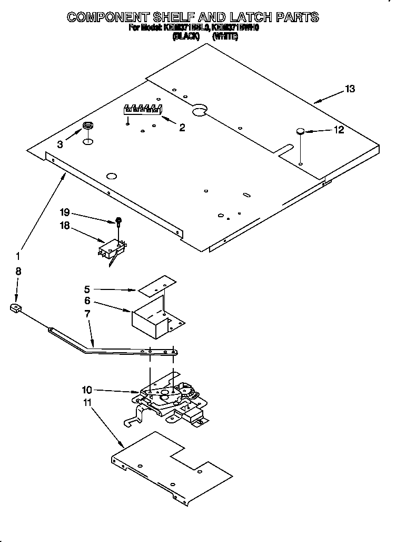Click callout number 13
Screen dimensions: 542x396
350,89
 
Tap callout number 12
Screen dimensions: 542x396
339,129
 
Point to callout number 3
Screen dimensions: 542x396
60,144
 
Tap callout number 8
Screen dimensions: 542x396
18,272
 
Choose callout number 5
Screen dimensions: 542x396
87,289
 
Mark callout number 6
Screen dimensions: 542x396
87,301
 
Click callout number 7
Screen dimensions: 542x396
87,314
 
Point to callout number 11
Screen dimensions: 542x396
87,402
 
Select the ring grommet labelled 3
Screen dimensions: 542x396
87,126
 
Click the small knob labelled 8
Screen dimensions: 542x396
16,309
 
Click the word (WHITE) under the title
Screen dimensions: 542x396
225,36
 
